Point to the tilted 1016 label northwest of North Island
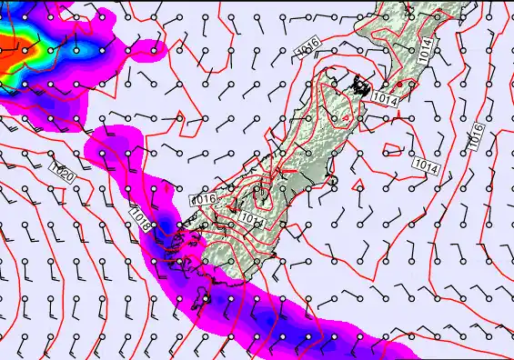click(307, 43)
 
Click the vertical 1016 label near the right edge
click(477, 135)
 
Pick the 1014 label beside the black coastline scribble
click(385, 97)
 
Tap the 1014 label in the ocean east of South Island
click(426, 165)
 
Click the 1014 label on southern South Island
click(254, 218)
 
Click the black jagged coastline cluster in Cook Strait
click(363, 86)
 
